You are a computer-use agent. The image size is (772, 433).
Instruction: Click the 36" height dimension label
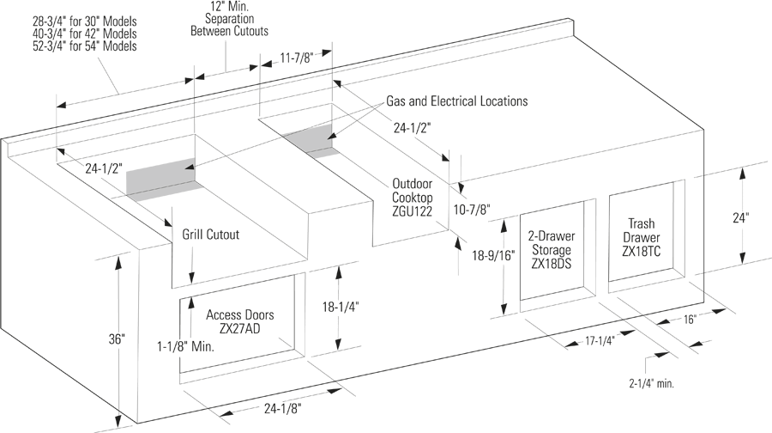click(x=117, y=339)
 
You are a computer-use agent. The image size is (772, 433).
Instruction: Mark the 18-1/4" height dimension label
click(x=340, y=306)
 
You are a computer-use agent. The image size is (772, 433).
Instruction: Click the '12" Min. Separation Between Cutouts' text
click(x=227, y=18)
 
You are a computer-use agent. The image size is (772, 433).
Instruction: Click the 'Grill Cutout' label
click(x=210, y=234)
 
